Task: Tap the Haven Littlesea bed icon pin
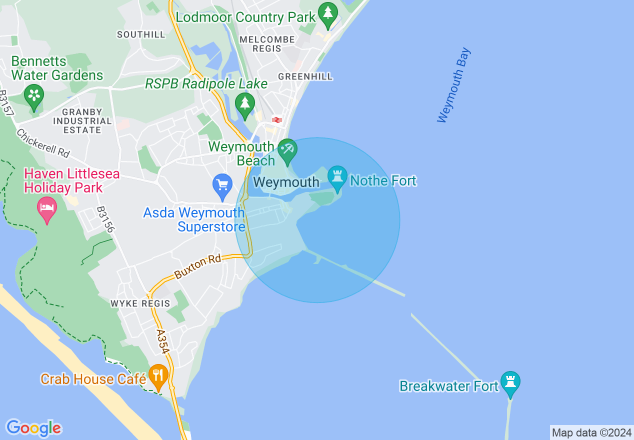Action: tap(47, 209)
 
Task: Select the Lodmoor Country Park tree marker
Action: tap(328, 15)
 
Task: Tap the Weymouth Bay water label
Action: tap(453, 85)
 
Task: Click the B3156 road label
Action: tap(105, 219)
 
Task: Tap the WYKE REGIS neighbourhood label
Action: tap(140, 303)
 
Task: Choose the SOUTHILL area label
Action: tap(141, 34)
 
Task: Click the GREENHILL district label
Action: tap(305, 76)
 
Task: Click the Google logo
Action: tap(33, 428)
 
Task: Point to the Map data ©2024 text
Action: tap(592, 432)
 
